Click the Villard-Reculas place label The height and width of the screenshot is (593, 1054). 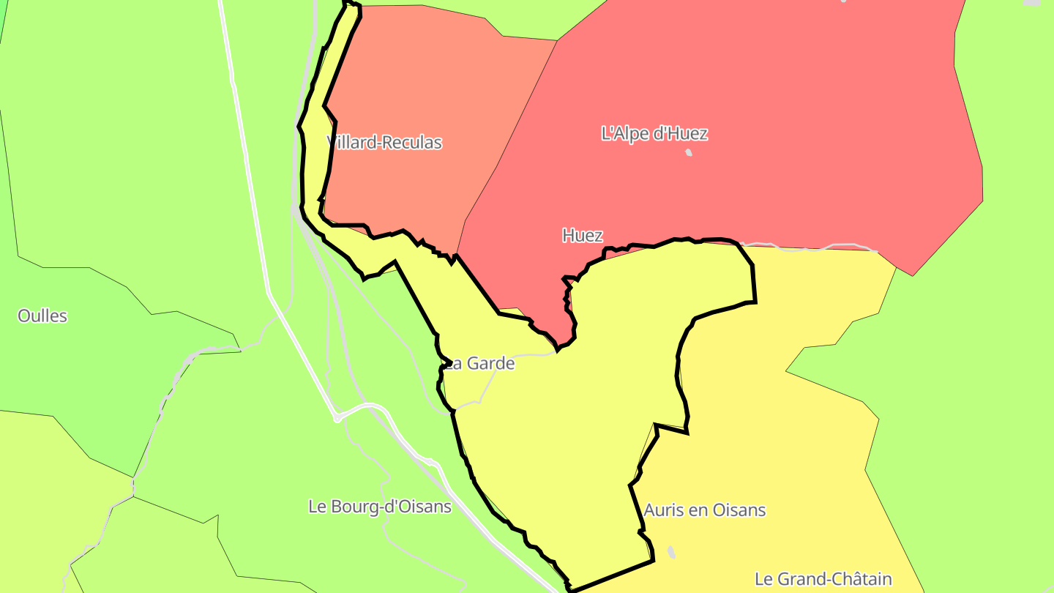click(385, 142)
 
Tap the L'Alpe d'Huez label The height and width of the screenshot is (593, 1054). click(654, 133)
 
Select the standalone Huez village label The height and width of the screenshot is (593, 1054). click(583, 235)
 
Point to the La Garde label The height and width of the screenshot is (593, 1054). click(481, 363)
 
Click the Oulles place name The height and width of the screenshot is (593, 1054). click(42, 316)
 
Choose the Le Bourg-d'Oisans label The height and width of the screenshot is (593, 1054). click(380, 506)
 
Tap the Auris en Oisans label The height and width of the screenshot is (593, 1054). click(705, 510)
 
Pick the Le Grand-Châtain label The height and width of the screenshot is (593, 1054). click(823, 578)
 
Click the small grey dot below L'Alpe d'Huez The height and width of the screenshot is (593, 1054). click(689, 152)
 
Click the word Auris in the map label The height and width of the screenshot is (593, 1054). click(660, 510)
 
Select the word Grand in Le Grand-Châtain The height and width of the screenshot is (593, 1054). click(803, 578)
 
